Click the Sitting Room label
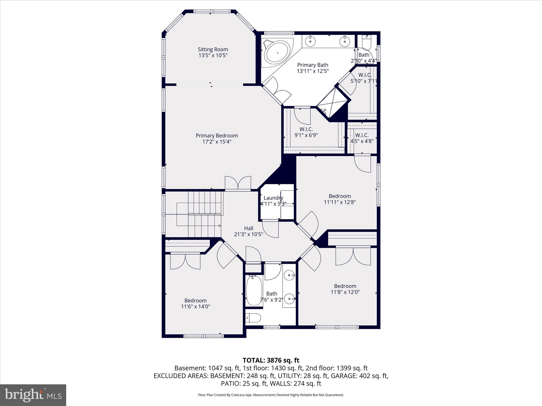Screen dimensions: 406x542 (213, 49)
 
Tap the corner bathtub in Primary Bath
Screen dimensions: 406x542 (277, 53)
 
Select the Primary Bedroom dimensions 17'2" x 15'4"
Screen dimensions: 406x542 (217, 142)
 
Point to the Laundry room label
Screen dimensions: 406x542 (273, 198)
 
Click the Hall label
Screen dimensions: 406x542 (249, 228)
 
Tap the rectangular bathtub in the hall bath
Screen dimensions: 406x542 (254, 290)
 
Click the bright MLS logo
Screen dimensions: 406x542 (33, 395)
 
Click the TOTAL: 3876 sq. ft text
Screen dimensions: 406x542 (271, 360)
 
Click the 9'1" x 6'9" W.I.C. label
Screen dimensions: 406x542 (306, 132)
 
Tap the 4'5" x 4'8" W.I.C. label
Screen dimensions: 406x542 (362, 138)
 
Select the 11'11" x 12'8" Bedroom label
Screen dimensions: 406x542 (340, 199)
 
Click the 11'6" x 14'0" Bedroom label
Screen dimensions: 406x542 (195, 303)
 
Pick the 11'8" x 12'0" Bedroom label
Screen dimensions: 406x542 (345, 289)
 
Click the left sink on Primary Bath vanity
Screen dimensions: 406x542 (310, 41)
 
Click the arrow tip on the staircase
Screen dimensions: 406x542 (220, 225)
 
